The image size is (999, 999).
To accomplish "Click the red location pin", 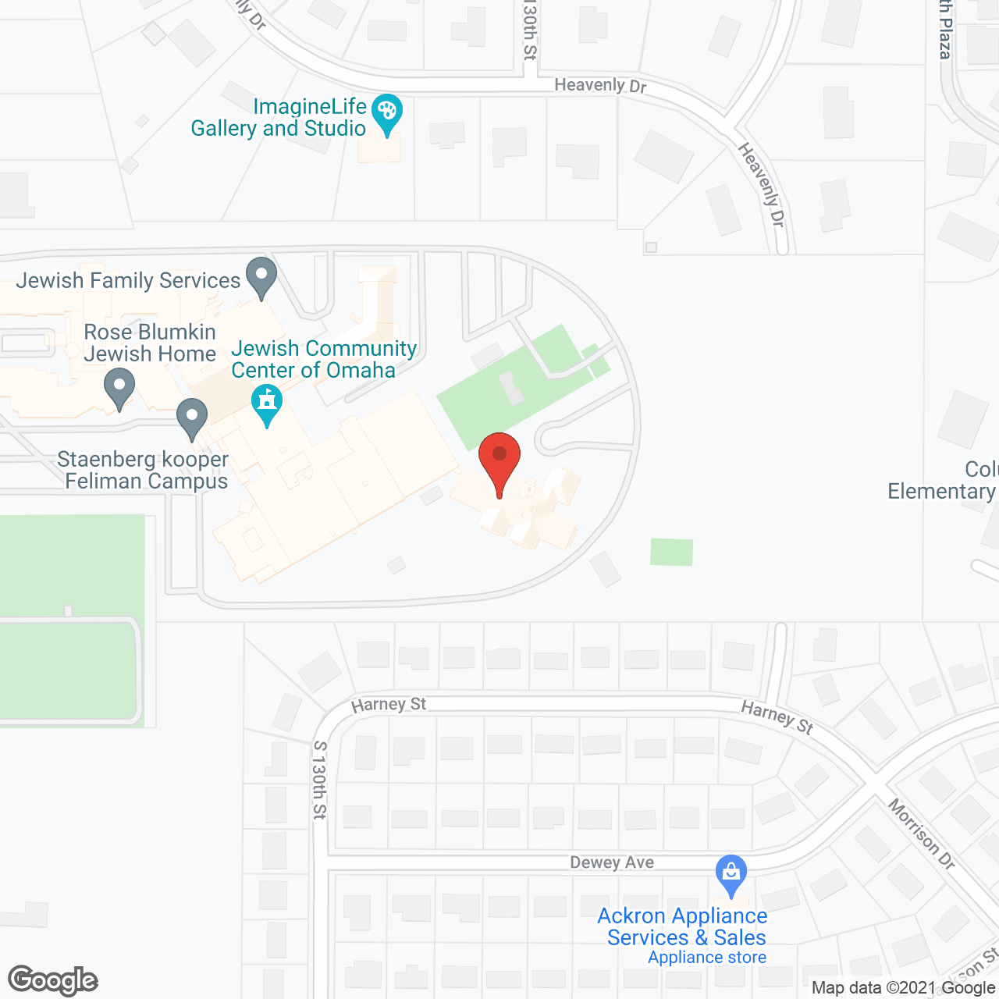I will click(499, 457).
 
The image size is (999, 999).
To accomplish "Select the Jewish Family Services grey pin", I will click(261, 276).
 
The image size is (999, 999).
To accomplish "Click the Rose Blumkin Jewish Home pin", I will click(119, 387).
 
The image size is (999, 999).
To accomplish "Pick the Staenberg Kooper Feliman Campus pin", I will click(192, 417).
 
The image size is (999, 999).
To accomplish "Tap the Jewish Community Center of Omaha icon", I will click(267, 404).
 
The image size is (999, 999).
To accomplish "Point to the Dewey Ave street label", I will click(612, 862).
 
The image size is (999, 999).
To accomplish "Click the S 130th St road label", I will click(319, 780).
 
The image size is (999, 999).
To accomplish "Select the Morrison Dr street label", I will click(922, 834).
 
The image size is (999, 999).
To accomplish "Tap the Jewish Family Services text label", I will click(128, 280).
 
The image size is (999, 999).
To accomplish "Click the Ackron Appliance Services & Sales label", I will click(683, 926).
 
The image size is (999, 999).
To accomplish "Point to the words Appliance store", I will click(707, 958).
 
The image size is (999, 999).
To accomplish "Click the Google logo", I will click(53, 980).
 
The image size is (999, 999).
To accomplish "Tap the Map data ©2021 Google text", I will click(903, 988).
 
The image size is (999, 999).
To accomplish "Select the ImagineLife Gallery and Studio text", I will click(279, 117).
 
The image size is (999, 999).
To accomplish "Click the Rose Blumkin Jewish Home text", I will click(150, 343).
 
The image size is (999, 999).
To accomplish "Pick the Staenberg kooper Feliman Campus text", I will click(144, 470).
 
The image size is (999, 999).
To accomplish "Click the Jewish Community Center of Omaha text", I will click(324, 359).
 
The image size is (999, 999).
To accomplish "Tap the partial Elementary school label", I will click(943, 480).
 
